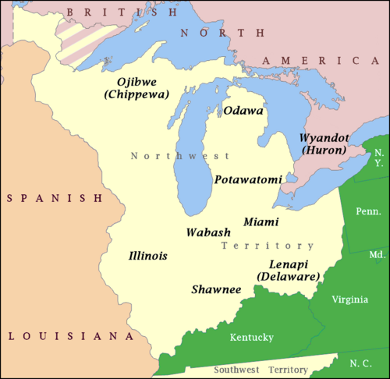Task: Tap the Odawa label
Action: click(243, 111)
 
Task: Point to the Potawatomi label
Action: click(248, 179)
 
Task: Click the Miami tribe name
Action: click(261, 222)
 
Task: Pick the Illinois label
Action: click(148, 256)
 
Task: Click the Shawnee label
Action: click(216, 289)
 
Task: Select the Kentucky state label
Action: click(251, 337)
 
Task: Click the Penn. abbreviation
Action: click(369, 211)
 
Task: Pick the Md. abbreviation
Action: click(378, 255)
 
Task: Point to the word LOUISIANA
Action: click(66, 336)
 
